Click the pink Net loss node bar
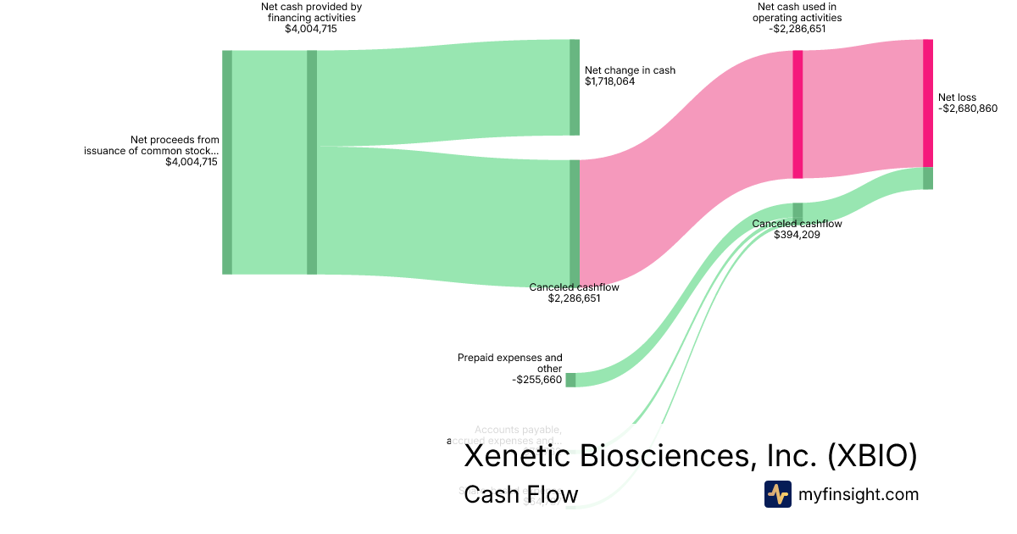(928, 103)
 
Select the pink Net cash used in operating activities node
(797, 114)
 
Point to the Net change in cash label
(630, 70)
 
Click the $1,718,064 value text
(609, 81)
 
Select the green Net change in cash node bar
(575, 87)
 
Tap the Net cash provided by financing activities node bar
(312, 162)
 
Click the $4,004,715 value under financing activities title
(311, 29)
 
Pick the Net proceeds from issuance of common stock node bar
(227, 162)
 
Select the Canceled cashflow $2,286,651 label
(574, 287)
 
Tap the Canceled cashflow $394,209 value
(797, 235)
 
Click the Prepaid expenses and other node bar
(570, 380)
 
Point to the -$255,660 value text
(536, 380)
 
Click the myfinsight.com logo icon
(777, 494)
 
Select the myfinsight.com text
(859, 494)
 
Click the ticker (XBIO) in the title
(872, 456)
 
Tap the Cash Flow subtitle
(520, 494)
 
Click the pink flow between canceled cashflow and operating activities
(686, 161)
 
